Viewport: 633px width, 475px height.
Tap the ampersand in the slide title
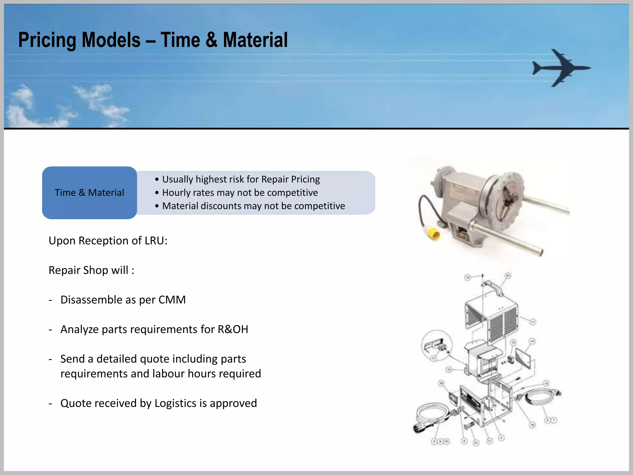tap(211, 40)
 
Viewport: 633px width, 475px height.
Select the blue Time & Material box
tap(89, 193)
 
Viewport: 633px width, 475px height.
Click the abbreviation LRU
tap(155, 241)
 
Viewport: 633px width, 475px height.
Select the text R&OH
tap(233, 329)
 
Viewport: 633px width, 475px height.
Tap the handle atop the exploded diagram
tap(493, 287)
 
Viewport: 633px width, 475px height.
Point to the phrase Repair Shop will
tap(91, 270)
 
